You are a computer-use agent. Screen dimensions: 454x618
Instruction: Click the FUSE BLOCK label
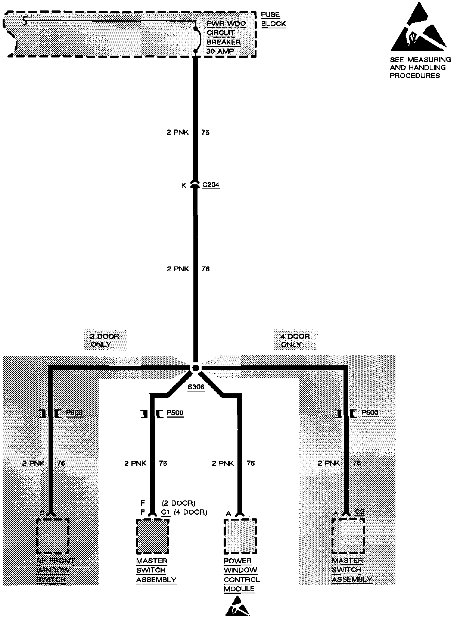[273, 19]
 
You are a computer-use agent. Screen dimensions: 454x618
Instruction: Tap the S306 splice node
[195, 368]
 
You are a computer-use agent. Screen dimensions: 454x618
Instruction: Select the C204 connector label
[211, 185]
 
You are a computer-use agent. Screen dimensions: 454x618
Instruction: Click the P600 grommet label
[74, 413]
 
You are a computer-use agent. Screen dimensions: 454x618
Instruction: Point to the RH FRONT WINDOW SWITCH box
[53, 536]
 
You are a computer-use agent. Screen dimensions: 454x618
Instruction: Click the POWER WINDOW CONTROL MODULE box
[240, 536]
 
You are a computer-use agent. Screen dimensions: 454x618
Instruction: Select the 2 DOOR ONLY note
[105, 340]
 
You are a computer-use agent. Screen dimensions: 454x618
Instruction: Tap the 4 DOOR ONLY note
[295, 340]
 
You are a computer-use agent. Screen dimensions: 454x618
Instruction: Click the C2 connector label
[359, 512]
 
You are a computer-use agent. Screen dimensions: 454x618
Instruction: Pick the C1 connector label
[166, 512]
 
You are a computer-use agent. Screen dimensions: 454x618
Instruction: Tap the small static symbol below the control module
[237, 607]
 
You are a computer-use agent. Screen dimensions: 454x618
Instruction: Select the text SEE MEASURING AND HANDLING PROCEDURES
[420, 68]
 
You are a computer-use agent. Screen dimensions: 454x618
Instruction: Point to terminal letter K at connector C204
[184, 185]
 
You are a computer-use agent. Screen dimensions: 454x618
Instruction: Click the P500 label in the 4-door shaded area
[370, 413]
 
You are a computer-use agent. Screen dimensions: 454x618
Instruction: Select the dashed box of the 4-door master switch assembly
[348, 536]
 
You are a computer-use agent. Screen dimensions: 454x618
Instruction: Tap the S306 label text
[196, 387]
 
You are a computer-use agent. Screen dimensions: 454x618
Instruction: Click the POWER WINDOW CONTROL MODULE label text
[241, 575]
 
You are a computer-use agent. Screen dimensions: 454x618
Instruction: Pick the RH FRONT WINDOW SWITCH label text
[55, 570]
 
